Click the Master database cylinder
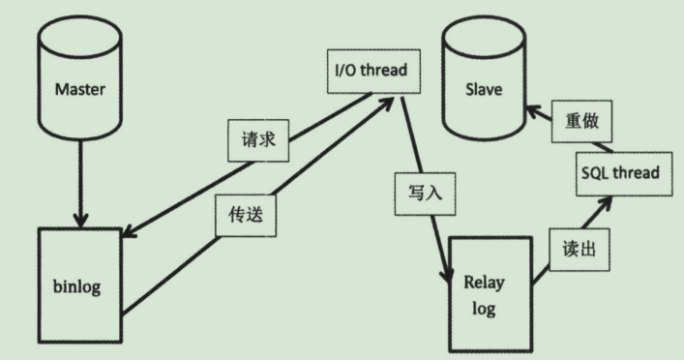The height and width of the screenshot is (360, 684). click(x=79, y=87)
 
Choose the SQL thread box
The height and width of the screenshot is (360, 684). click(x=620, y=172)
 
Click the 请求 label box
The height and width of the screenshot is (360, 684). click(x=259, y=139)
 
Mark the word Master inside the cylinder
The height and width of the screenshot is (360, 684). click(x=79, y=89)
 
